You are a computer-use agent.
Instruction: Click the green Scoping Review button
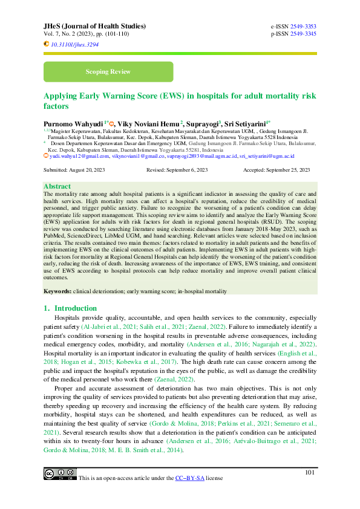click(x=108, y=72)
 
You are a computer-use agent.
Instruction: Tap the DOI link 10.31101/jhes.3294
click(x=74, y=45)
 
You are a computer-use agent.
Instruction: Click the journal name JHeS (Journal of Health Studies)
click(x=94, y=27)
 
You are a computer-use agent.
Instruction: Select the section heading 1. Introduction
click(x=70, y=308)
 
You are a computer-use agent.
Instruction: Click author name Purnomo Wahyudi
click(x=71, y=122)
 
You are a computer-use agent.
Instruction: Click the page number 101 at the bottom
click(x=310, y=472)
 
